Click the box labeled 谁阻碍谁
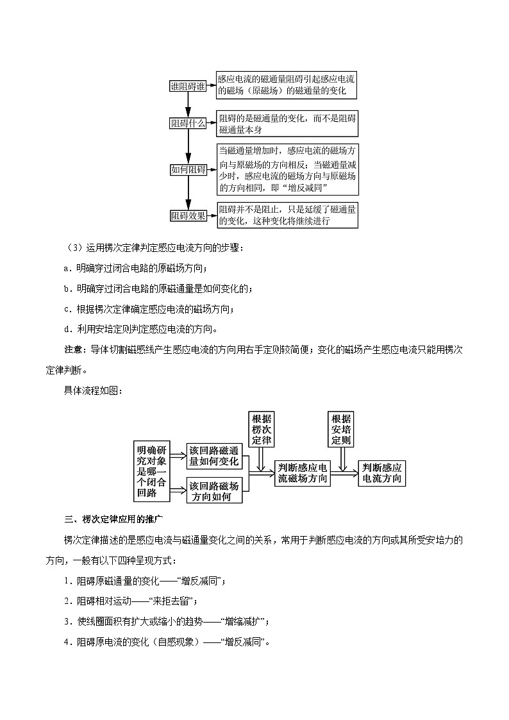tap(188, 87)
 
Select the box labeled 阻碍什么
tap(188, 124)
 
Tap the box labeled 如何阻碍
tap(188, 170)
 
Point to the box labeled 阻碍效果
tap(188, 216)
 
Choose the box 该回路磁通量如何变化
tap(214, 456)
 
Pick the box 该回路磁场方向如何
tap(214, 490)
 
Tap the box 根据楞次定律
tap(262, 428)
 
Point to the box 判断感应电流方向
tap(382, 473)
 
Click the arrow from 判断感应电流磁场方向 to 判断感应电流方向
tap(345, 474)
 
